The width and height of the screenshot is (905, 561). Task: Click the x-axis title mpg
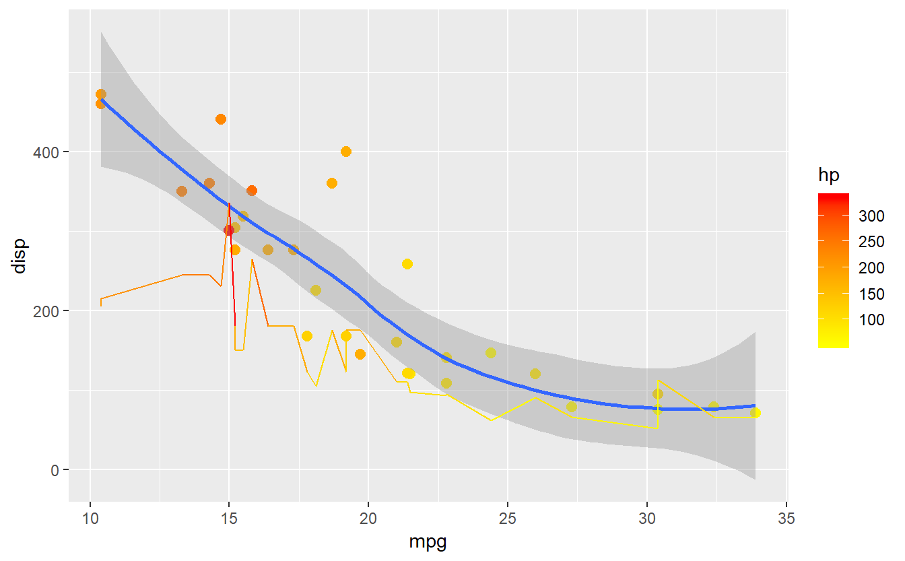(x=428, y=542)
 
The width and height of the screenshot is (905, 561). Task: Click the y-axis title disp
(x=19, y=256)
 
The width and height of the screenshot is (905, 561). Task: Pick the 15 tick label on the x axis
(x=230, y=519)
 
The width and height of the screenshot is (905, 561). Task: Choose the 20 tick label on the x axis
(x=368, y=519)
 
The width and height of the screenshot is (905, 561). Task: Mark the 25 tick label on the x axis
(x=508, y=519)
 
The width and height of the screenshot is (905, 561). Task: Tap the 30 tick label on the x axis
(x=647, y=519)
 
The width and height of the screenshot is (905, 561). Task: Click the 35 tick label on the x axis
(x=786, y=519)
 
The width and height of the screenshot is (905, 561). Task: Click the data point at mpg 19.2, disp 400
(x=346, y=152)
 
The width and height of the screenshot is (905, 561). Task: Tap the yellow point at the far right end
(x=755, y=413)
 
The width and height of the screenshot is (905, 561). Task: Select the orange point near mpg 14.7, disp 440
(x=221, y=119)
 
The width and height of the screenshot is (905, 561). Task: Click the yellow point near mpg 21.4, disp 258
(x=407, y=264)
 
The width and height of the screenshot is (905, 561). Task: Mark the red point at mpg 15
(x=229, y=230)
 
